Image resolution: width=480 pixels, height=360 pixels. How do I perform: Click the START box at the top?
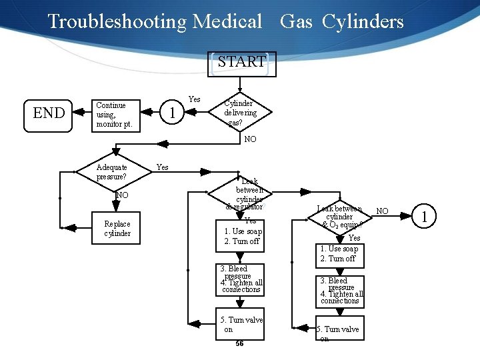(x=241, y=63)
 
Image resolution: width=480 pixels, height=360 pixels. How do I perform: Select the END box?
(x=49, y=113)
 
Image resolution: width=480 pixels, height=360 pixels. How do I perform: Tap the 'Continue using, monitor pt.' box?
(x=117, y=115)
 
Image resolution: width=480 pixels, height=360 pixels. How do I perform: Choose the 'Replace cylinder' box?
(x=117, y=229)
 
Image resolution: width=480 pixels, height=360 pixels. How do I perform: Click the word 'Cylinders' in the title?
(x=363, y=21)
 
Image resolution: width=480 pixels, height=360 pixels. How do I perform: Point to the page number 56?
(x=239, y=344)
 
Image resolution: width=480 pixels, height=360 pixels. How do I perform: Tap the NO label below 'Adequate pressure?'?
(x=121, y=195)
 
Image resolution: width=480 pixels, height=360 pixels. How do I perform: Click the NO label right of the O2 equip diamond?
(x=383, y=211)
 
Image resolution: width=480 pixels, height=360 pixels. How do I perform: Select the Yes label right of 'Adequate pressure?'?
(x=163, y=167)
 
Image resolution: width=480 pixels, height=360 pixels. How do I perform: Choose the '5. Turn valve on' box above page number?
(x=240, y=325)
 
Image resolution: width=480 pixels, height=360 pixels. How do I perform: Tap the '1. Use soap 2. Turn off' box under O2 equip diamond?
(x=339, y=254)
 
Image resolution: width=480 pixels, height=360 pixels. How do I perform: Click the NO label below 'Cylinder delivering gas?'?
(x=250, y=139)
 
